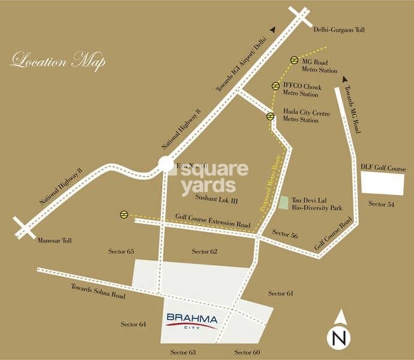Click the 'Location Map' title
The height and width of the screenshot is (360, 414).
[x=58, y=61]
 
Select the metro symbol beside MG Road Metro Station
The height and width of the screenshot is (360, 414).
[x=295, y=60]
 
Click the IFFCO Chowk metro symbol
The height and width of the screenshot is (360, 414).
[x=275, y=86]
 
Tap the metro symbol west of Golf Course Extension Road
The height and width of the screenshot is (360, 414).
[x=123, y=214]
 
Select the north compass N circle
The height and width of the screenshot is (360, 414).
[x=340, y=338]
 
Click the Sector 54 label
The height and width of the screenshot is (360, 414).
[x=381, y=205]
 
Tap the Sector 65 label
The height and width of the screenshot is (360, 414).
[x=121, y=250]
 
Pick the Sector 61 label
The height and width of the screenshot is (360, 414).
[x=281, y=293]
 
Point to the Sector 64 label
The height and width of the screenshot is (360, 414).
[x=133, y=324]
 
